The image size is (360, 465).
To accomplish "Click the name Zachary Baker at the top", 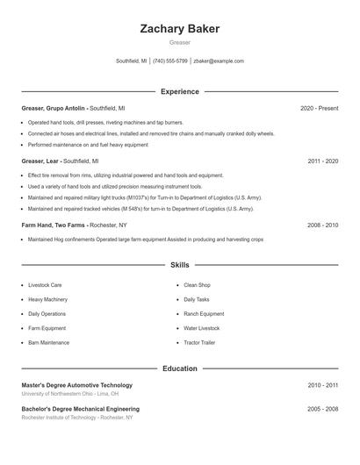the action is click(179, 29).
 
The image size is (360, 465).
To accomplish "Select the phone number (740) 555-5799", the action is click(170, 61).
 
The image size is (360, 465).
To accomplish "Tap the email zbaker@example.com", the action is click(219, 61).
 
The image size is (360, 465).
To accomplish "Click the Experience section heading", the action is click(179, 91).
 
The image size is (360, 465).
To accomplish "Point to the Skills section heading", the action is click(179, 264).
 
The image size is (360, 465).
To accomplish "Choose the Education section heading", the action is click(179, 368).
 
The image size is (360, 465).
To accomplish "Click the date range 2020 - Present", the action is click(319, 108).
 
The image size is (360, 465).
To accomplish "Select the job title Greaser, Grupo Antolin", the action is click(54, 108).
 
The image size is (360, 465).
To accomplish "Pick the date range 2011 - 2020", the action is click(322, 161).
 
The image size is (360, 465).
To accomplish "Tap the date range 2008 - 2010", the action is click(322, 225).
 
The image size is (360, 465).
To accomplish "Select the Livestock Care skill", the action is click(45, 285).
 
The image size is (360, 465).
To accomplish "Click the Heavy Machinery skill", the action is click(47, 299).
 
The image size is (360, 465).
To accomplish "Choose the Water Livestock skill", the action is click(202, 328).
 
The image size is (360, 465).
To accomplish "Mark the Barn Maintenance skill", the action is click(48, 342).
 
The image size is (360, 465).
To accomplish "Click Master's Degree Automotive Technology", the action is click(77, 385).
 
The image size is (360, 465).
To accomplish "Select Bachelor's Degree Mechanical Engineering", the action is click(80, 409).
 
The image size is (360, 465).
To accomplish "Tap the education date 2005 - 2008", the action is click(322, 409).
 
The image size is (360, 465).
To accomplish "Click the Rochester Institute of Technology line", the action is click(77, 418).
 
